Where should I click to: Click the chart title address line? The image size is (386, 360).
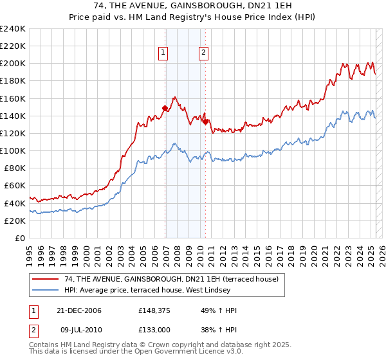click(192, 8)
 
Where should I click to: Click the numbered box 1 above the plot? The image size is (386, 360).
click(163, 53)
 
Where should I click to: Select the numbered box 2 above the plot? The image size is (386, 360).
click(203, 53)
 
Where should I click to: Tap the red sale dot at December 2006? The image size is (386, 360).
click(165, 109)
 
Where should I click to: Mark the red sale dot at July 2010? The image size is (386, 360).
click(205, 122)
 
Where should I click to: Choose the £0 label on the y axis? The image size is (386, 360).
click(20, 238)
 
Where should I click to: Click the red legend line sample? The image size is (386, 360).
click(46, 279)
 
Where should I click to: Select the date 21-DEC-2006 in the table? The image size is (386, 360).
click(80, 310)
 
